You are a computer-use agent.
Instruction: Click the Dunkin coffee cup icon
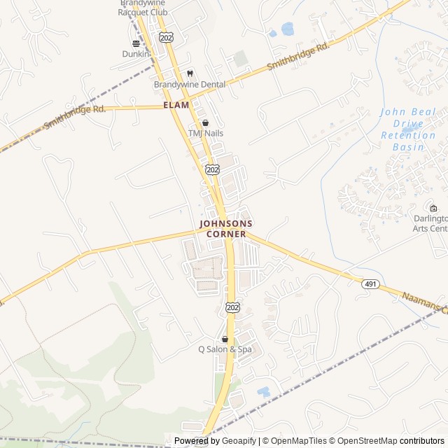(x=136, y=43)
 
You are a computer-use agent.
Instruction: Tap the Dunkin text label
(x=136, y=53)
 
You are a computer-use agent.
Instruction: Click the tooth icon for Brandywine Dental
(x=189, y=73)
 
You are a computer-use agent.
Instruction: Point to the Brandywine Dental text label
(x=190, y=84)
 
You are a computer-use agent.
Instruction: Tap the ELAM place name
(x=176, y=104)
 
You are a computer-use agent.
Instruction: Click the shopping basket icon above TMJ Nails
(x=204, y=122)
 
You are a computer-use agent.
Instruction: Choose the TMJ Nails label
(x=205, y=133)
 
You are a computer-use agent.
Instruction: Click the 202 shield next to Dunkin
(x=166, y=37)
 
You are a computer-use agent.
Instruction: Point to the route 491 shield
(x=370, y=283)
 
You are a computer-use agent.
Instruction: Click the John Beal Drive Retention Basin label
(x=408, y=129)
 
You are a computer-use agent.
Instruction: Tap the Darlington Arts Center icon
(x=433, y=208)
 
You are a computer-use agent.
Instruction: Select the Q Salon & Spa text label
(x=225, y=349)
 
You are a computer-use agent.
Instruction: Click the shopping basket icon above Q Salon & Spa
(x=225, y=339)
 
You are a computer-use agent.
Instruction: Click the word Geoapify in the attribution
(x=239, y=441)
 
